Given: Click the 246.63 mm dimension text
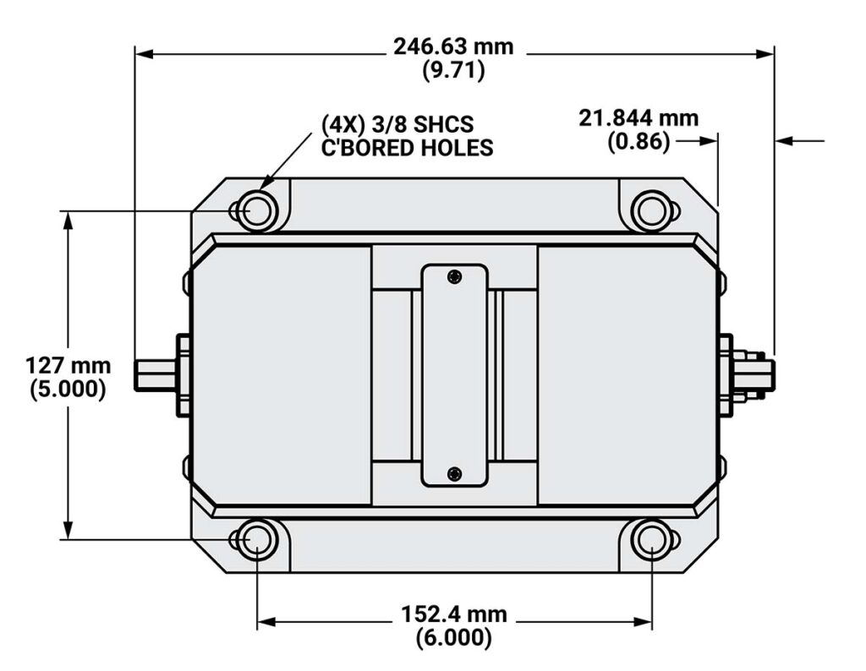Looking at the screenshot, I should point(453,46).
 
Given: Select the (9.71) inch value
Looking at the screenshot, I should point(453,71).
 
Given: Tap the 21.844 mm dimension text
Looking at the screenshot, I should point(639,118).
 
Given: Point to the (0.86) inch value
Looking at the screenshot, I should point(639,142).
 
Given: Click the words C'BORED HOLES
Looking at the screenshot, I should point(407,147).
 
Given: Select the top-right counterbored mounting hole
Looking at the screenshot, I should point(651,210).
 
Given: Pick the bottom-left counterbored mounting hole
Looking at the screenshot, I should point(255,540).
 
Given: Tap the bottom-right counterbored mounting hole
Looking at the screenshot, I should point(651,540).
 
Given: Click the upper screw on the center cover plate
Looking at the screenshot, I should point(455,275).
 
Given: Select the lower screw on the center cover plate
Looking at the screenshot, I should point(455,472).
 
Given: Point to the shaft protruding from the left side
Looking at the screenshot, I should point(156,374).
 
